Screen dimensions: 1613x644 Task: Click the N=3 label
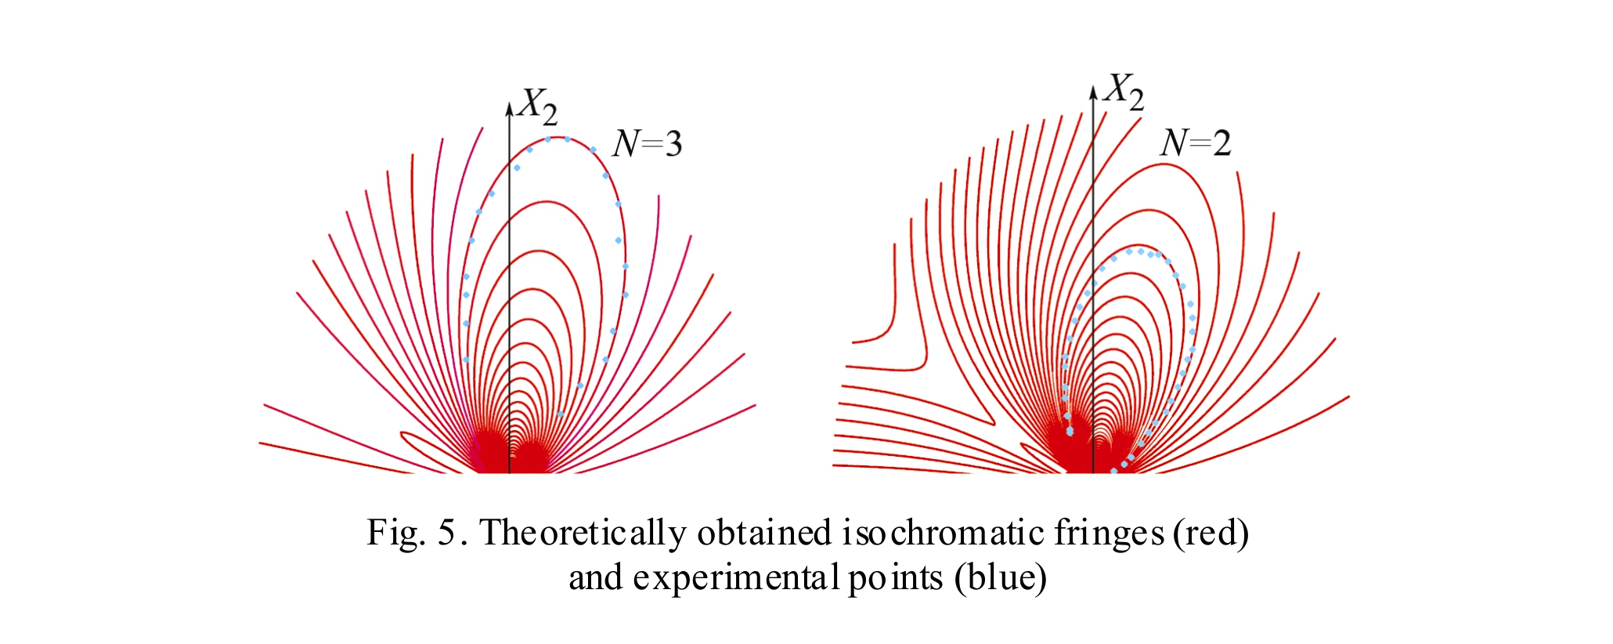648,143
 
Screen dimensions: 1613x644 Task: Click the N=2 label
1196,143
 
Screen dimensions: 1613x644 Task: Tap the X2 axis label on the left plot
539,107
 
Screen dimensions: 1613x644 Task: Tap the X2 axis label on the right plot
1124,92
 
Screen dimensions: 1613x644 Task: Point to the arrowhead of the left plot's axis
509,109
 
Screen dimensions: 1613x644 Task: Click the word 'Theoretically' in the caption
583,533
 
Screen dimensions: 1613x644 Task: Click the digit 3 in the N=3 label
673,144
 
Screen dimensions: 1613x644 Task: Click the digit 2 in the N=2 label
1221,143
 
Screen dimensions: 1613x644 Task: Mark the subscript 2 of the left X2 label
550,115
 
